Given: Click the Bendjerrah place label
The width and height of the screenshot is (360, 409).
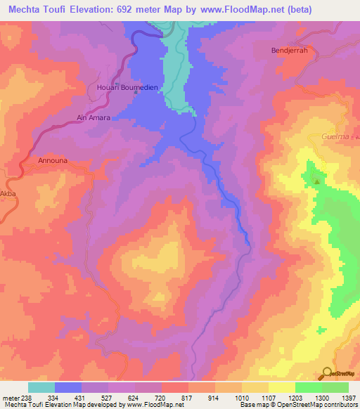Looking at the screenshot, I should click(289, 51).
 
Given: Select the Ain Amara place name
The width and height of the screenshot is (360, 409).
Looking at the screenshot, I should click(94, 117).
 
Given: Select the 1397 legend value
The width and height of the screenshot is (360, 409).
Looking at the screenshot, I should click(347, 398).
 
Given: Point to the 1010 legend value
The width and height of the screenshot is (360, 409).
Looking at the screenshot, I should click(253, 398).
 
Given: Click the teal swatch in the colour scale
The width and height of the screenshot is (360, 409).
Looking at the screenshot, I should click(41, 387).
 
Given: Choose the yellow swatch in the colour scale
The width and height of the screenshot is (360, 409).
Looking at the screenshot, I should click(282, 387).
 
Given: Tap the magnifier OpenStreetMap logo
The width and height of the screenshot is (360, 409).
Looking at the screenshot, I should click(328, 374).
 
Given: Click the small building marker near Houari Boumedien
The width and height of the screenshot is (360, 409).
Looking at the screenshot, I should click(115, 97).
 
